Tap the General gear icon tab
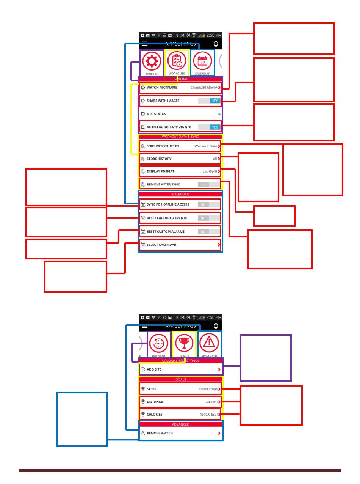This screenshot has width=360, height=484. point(152,61)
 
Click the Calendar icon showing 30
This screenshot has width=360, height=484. point(202,61)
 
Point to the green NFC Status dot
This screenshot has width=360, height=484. point(219,114)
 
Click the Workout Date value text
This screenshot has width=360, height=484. point(205,146)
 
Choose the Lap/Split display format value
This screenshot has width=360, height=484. point(210,171)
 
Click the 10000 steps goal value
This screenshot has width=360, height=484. point(208,389)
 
